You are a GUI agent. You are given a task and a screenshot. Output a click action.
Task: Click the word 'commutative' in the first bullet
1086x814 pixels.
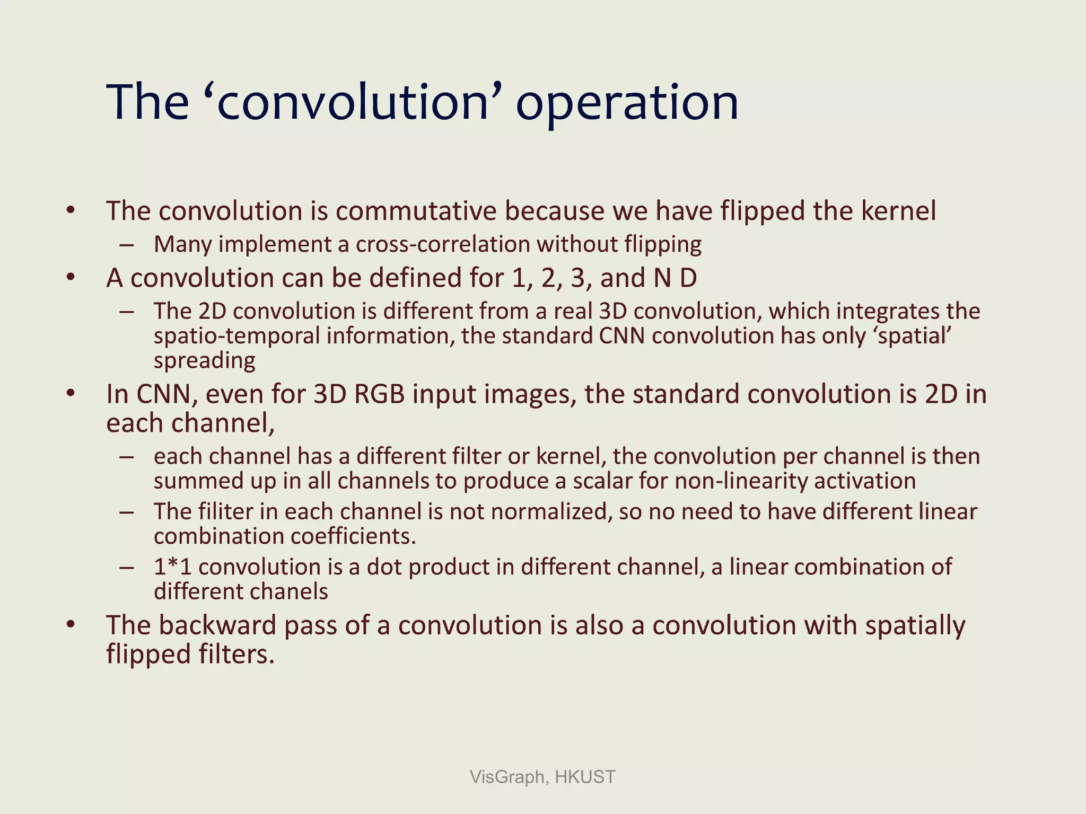click(416, 211)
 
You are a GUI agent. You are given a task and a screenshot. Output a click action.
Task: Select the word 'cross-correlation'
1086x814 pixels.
click(443, 244)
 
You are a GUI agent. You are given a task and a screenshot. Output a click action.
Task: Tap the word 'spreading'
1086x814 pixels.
click(205, 361)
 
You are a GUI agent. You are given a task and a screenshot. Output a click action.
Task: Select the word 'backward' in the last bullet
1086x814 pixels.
click(217, 625)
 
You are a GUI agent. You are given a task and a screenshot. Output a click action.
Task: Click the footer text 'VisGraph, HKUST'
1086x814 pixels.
click(542, 777)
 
